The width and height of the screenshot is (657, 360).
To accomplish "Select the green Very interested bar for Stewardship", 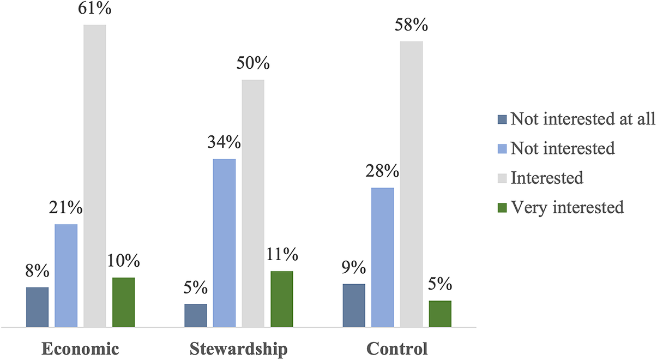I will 282,299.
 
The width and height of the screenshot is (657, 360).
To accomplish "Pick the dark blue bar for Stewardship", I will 196,316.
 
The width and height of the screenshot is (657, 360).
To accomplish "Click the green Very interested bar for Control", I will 440,314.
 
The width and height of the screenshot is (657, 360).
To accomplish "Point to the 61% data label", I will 95,10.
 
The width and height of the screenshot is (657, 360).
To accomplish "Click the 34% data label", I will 224,143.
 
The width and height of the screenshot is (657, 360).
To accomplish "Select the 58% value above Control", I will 412,26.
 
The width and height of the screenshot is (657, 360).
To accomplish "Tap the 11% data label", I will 282,255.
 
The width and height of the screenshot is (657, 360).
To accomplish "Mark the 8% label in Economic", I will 37,271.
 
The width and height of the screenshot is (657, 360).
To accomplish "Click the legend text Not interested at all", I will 582,119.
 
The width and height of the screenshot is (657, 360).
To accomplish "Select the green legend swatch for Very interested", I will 502,208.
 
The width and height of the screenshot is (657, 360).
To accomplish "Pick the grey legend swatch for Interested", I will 502,178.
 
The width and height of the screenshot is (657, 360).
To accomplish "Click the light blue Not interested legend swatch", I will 502,149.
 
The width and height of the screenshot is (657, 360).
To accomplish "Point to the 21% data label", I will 66,208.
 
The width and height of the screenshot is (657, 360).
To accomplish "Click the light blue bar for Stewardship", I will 224,243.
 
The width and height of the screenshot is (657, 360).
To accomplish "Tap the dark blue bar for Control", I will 353,306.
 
